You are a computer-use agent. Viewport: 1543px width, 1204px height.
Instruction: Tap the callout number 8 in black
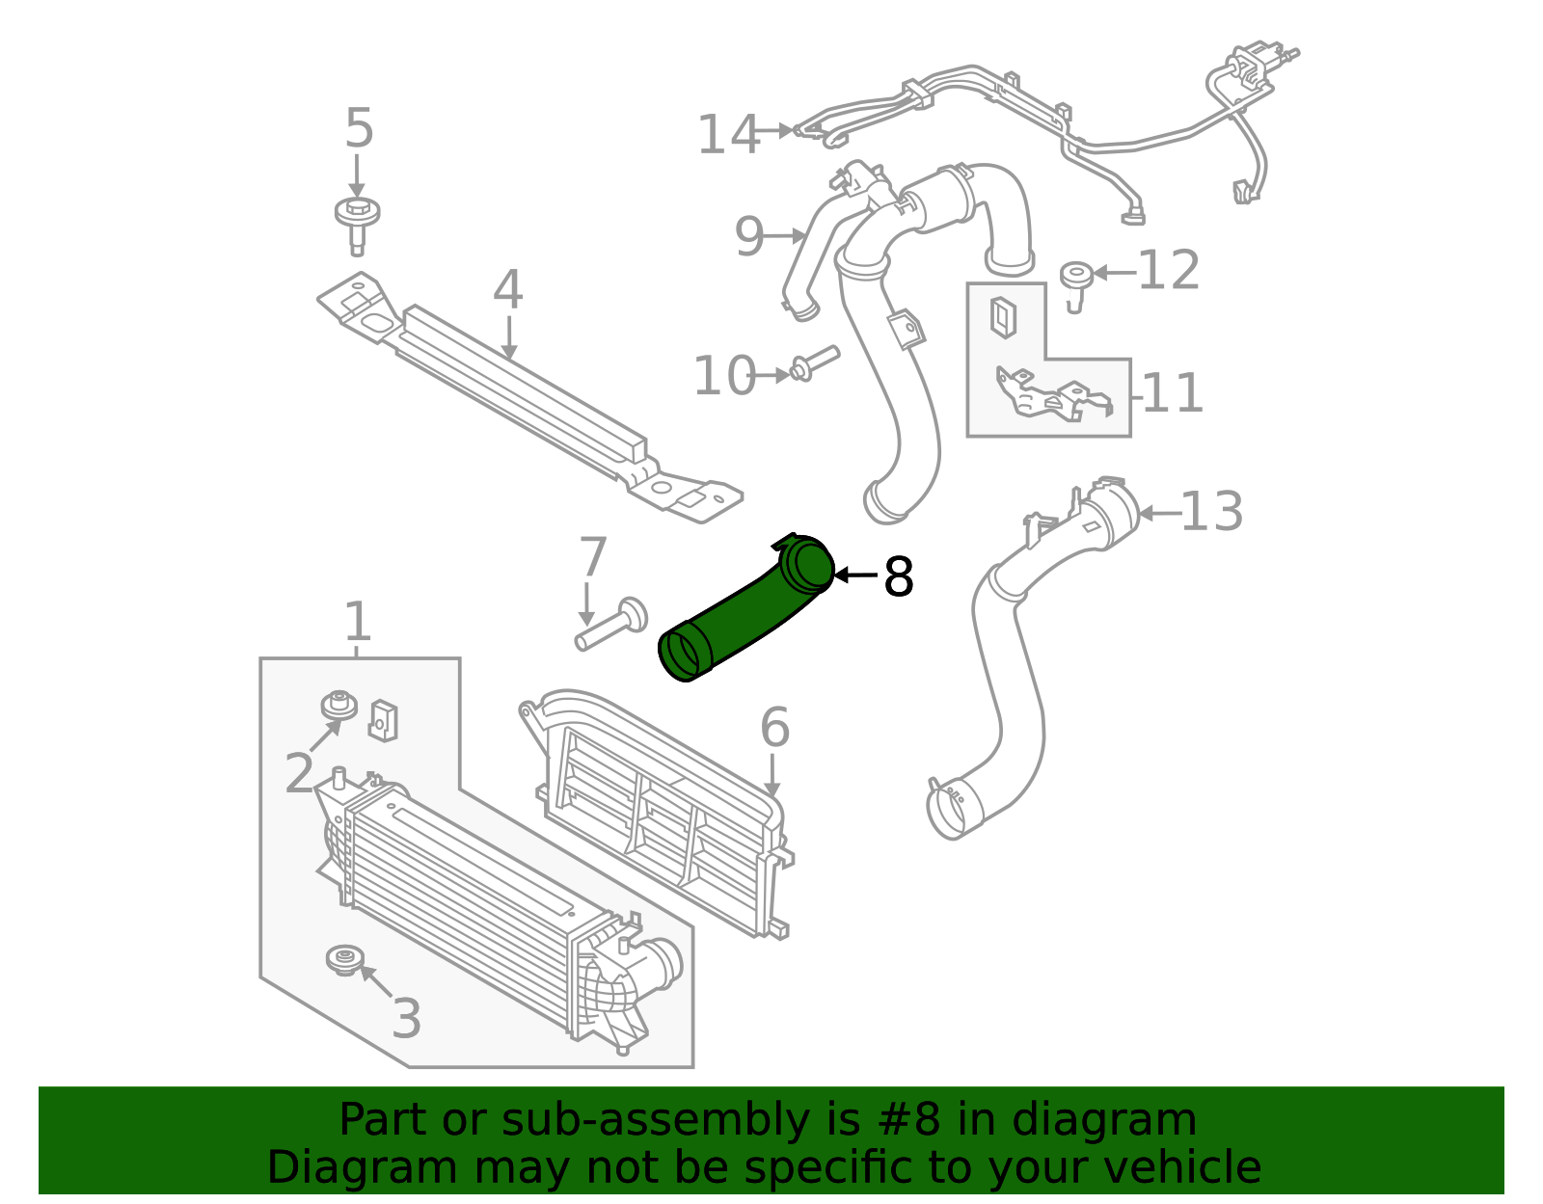tap(898, 577)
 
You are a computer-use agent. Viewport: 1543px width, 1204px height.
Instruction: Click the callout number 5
tap(359, 129)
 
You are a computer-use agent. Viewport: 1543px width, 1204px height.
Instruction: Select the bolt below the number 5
tap(357, 224)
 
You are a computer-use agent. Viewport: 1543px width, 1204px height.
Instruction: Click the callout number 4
tap(507, 290)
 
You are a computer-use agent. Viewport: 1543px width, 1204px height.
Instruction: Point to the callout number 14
tap(728, 134)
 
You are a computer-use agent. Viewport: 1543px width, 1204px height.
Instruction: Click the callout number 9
tap(748, 236)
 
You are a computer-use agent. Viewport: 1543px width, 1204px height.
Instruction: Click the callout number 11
tap(1173, 393)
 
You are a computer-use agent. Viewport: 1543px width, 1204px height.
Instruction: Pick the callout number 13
tap(1211, 511)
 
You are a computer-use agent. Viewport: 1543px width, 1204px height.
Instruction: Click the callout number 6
tap(774, 728)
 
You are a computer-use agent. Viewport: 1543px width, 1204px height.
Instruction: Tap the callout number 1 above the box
tap(357, 622)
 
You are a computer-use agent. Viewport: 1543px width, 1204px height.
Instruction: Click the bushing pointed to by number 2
tap(338, 706)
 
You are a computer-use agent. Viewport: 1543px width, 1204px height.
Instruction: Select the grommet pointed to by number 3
tap(343, 959)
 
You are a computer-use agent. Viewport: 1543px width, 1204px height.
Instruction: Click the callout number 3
tap(406, 1019)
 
